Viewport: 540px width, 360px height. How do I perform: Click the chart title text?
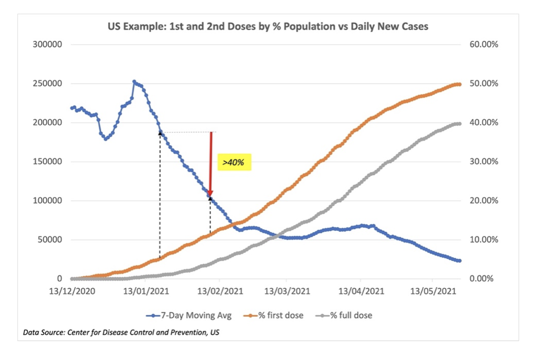(268, 26)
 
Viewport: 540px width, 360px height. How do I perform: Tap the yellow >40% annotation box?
(233, 163)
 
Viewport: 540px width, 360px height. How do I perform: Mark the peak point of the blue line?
(134, 82)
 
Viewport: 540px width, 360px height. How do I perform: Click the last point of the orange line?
(459, 84)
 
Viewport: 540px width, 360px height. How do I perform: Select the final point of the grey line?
(459, 123)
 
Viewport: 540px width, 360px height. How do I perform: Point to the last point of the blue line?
(459, 261)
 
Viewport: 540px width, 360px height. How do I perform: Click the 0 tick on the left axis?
(60, 279)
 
